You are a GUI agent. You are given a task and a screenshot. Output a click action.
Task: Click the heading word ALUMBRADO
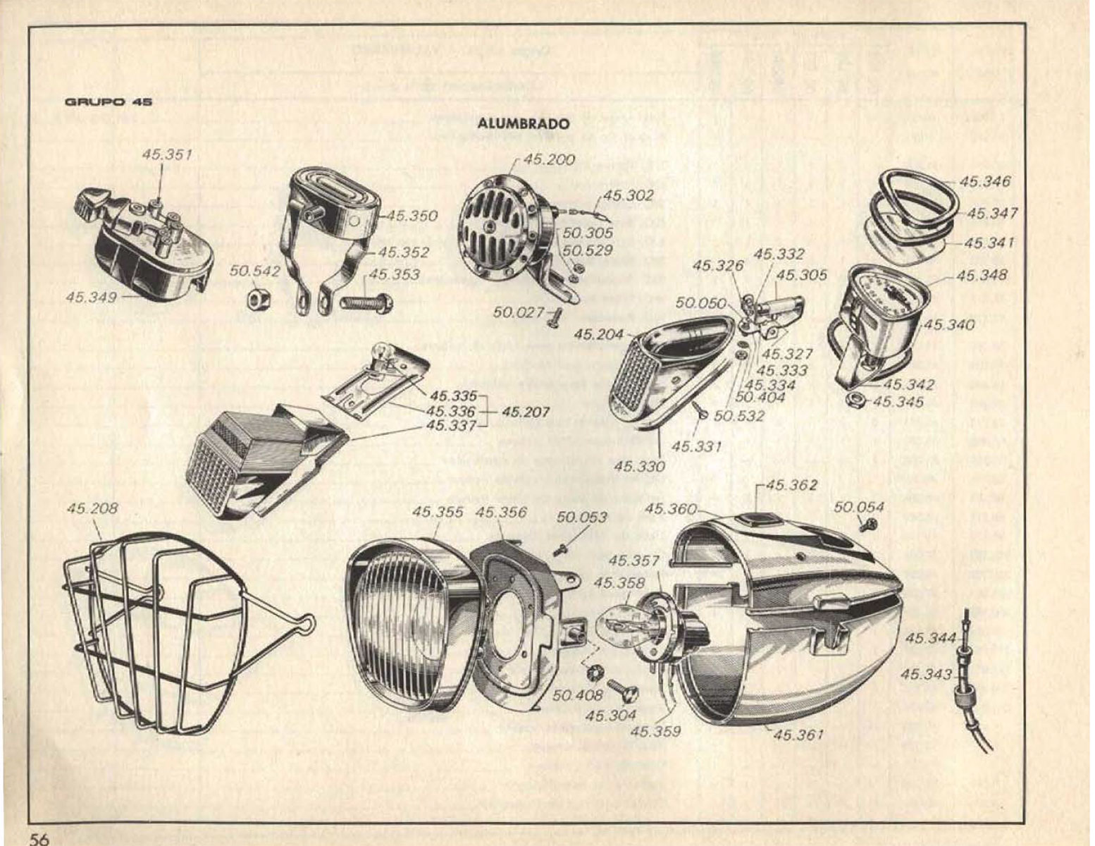pos(523,123)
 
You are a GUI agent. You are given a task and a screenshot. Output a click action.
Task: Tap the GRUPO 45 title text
pos(108,102)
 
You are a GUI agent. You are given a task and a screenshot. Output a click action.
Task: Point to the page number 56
pos(39,838)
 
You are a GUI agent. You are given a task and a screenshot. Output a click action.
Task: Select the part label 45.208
pos(92,508)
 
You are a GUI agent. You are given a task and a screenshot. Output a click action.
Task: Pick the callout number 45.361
pos(798,735)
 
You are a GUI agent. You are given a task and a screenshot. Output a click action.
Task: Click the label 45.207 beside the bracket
pos(526,411)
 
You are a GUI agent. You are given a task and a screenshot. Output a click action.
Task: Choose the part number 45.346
pos(984,181)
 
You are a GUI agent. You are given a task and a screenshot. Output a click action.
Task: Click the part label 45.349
pos(91,298)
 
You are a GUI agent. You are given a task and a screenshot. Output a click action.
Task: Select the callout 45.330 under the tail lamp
pos(638,466)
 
